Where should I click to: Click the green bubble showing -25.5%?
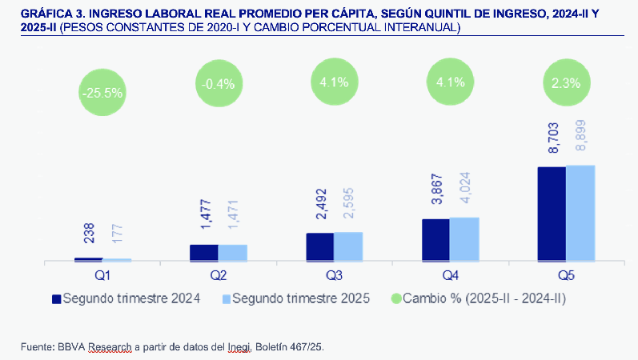(102, 92)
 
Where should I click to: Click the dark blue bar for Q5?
(552, 214)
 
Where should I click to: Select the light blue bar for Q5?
(580, 213)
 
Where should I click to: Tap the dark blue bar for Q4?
(435, 240)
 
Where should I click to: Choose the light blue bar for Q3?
(348, 246)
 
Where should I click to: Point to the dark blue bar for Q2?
(203, 253)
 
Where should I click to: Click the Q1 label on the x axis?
(102, 274)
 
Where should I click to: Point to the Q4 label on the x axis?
(450, 274)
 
